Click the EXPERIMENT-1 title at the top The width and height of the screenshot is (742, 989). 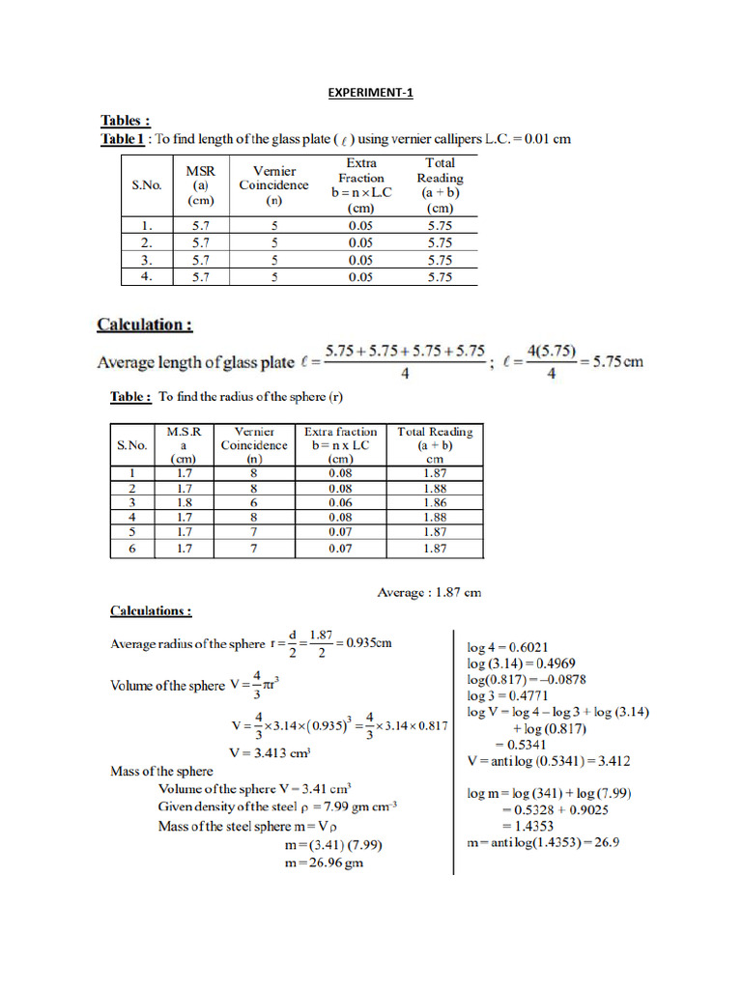pos(370,93)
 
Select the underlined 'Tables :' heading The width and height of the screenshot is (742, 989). pos(126,122)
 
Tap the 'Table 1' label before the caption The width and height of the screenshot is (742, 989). pos(123,139)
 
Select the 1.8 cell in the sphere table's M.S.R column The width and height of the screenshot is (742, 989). pos(184,502)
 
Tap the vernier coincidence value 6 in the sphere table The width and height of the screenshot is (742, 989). pos(253,502)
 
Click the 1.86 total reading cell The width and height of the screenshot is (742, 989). pos(435,502)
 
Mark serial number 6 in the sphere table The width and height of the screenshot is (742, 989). pos(132,549)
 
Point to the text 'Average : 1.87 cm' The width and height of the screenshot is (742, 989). pos(429,593)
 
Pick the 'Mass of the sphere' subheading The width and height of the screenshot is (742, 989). pos(162,771)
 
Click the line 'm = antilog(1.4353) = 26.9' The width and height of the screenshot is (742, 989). pos(542,842)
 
